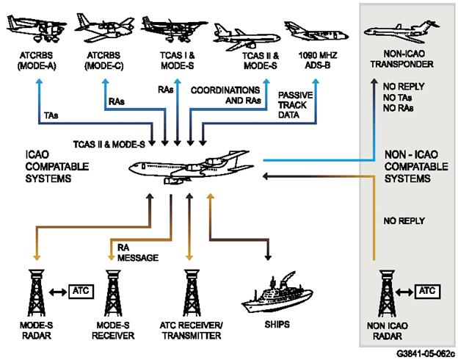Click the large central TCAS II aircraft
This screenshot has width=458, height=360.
coord(188,166)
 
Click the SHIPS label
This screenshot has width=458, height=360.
coord(277,323)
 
